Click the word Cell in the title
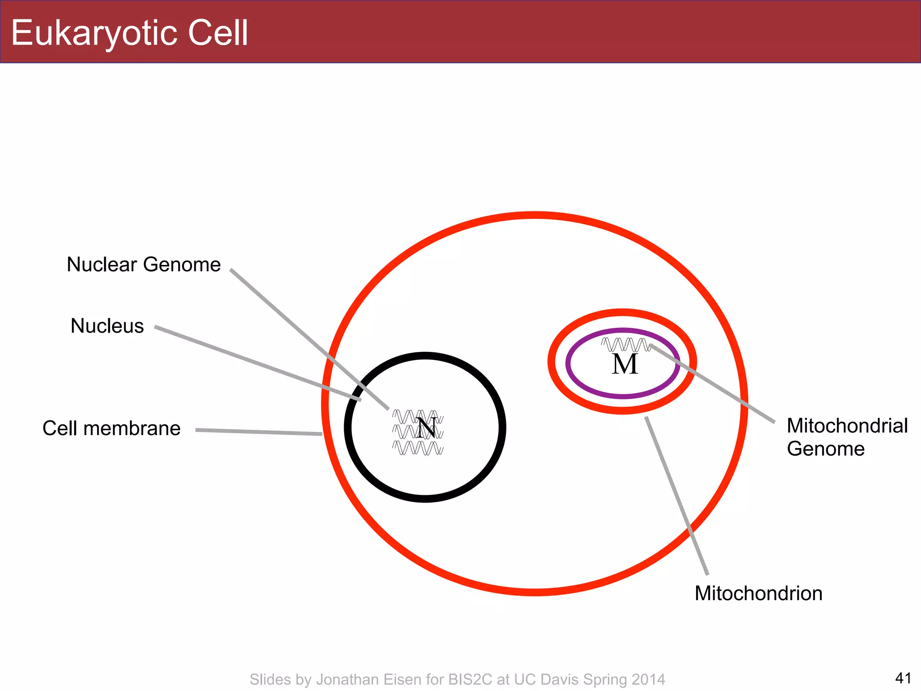tap(218, 32)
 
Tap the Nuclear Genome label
tap(143, 265)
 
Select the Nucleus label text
tap(107, 326)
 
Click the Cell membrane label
tap(111, 428)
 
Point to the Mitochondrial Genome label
tap(847, 437)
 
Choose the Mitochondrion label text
tap(758, 593)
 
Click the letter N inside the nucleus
tap(426, 428)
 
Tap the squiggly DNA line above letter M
tap(625, 345)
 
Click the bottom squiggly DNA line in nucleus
tap(418, 449)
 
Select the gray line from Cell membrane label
tap(259, 432)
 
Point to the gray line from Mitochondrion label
tap(676, 495)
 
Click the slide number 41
tap(903, 678)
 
